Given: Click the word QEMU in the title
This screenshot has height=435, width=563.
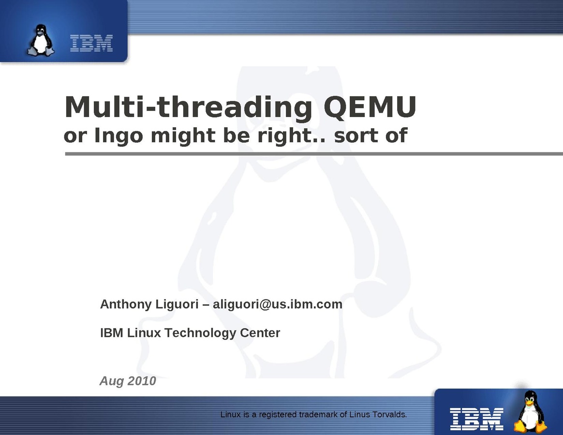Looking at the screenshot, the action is click(370, 107).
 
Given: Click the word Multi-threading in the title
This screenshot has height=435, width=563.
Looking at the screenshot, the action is click(188, 107).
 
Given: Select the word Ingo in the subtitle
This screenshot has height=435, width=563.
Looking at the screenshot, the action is click(119, 136).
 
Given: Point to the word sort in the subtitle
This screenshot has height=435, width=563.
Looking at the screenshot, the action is click(356, 136).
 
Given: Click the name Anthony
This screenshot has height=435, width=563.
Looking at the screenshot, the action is click(126, 305).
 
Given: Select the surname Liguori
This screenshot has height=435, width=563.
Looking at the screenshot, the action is click(176, 305).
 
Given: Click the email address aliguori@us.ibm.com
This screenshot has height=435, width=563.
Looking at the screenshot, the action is click(278, 304).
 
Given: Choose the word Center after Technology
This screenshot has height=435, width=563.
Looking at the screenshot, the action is click(260, 332).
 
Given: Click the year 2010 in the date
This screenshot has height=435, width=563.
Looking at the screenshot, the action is click(142, 381).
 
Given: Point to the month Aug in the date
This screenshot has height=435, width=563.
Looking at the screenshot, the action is click(112, 381).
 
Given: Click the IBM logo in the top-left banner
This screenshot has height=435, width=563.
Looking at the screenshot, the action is click(91, 44).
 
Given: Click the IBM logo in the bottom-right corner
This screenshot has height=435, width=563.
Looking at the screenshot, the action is click(477, 419).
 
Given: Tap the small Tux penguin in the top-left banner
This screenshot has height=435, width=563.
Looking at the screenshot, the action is click(41, 40).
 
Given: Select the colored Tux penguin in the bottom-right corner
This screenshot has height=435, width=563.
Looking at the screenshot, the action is click(531, 412).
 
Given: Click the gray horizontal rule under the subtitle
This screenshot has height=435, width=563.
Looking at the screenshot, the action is click(314, 154).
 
